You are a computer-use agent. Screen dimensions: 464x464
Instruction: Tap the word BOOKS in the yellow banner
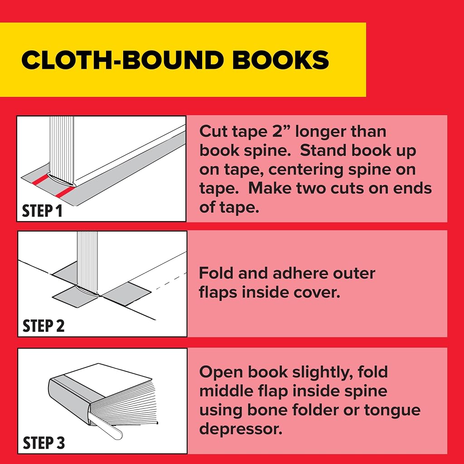point(280,60)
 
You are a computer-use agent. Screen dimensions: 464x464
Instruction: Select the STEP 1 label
point(42,211)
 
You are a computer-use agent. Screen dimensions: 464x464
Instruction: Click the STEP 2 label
point(43,326)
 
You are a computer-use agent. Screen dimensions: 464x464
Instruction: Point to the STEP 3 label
point(43,443)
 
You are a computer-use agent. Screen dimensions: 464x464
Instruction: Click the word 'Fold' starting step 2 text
point(216,273)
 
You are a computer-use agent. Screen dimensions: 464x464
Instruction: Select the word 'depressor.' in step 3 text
point(241,429)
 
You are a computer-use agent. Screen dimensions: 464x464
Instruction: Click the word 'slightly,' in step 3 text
point(323,372)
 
